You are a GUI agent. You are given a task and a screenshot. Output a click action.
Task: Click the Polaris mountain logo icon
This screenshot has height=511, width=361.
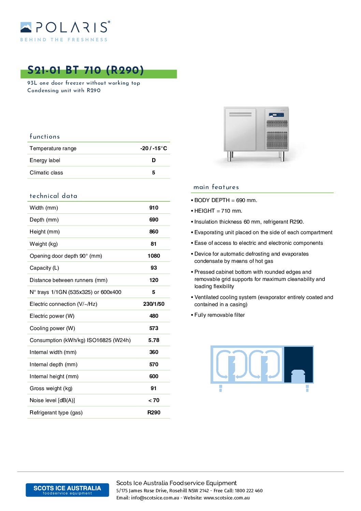26,27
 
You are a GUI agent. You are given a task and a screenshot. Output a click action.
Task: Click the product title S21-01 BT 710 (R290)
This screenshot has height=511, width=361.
86,70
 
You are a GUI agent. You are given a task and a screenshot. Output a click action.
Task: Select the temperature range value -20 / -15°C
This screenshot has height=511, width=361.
154,148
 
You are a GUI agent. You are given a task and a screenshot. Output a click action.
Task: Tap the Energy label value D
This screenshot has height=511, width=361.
154,160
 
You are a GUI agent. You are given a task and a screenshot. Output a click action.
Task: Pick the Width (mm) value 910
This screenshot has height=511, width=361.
154,208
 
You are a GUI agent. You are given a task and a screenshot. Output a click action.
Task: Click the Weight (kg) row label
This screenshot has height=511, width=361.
44,244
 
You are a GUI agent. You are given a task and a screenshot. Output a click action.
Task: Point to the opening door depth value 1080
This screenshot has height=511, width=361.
154,256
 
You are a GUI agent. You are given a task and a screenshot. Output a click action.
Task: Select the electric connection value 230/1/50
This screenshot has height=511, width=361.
154,304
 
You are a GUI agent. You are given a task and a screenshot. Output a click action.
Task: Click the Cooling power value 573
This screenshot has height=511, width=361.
154,328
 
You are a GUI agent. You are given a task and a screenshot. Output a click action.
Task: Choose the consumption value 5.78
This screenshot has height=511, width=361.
154,340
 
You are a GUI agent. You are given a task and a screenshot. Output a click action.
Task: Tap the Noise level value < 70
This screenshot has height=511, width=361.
154,400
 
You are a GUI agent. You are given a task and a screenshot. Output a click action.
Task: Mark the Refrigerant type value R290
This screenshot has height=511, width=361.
154,412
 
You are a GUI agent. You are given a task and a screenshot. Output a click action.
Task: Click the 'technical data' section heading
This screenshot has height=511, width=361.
54,196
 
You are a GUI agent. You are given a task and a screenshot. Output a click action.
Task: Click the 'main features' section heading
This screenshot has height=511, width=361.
216,187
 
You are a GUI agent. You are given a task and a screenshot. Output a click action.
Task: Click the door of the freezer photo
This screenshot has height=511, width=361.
240,130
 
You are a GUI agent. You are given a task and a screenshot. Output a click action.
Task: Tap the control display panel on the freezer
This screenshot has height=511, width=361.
276,115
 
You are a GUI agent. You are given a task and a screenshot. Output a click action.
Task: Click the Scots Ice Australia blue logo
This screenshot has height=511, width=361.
67,490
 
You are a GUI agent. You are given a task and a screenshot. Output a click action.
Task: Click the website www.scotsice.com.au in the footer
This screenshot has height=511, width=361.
227,498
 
